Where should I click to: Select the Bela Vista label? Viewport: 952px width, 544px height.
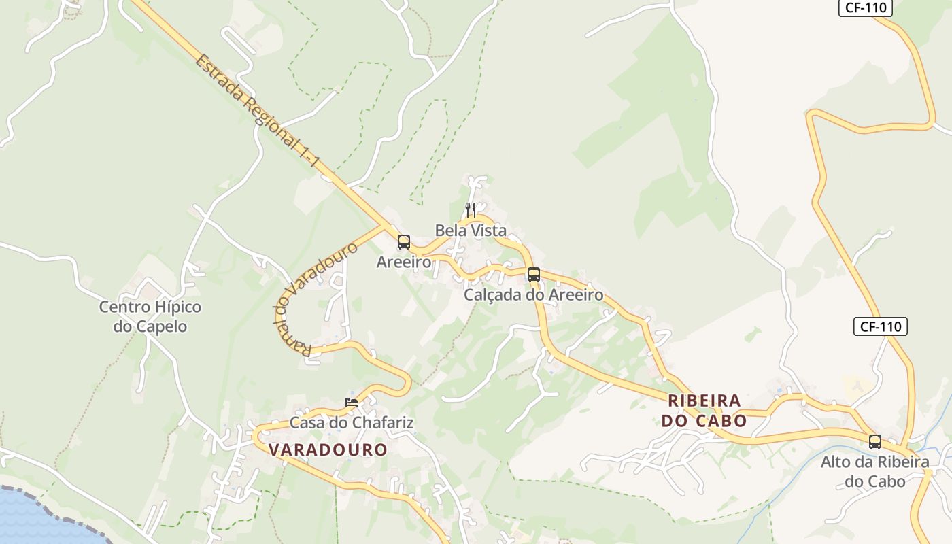click(471, 230)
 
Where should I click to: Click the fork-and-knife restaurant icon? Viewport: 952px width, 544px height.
click(470, 209)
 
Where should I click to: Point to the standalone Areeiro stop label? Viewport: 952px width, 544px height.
click(404, 262)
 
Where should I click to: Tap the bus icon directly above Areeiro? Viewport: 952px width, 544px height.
click(404, 242)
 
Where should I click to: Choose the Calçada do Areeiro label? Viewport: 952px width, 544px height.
click(533, 295)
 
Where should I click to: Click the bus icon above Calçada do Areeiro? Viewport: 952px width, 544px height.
click(534, 275)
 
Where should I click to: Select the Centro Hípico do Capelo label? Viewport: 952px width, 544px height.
click(150, 316)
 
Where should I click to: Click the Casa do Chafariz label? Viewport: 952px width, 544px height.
click(352, 422)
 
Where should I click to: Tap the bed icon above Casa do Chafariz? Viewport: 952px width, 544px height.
click(352, 403)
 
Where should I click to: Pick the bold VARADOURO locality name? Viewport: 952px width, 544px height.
click(328, 449)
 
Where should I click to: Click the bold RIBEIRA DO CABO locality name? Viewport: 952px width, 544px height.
click(704, 410)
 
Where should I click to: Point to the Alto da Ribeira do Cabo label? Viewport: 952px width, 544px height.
click(874, 471)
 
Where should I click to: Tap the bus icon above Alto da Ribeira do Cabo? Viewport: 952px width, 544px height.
click(875, 441)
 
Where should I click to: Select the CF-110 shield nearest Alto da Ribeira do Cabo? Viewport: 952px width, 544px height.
click(880, 326)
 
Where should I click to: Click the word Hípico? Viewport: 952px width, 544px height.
click(178, 307)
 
